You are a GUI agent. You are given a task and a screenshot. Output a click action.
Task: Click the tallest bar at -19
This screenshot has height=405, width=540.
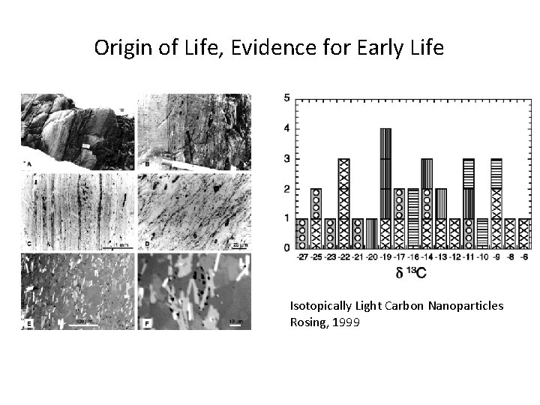tap(385, 188)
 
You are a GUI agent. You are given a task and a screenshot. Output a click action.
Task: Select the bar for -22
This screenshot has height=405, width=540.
tap(343, 203)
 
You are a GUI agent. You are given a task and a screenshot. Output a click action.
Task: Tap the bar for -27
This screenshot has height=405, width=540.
tap(301, 233)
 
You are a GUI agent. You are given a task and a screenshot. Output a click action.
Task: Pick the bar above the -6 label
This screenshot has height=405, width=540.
tap(524, 233)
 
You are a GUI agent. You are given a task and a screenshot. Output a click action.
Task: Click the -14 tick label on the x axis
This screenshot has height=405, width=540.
tap(427, 256)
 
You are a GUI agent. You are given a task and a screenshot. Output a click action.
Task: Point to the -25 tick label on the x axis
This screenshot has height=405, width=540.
tap(316, 256)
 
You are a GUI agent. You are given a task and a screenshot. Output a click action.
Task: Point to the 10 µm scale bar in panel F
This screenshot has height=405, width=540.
tap(234, 323)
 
